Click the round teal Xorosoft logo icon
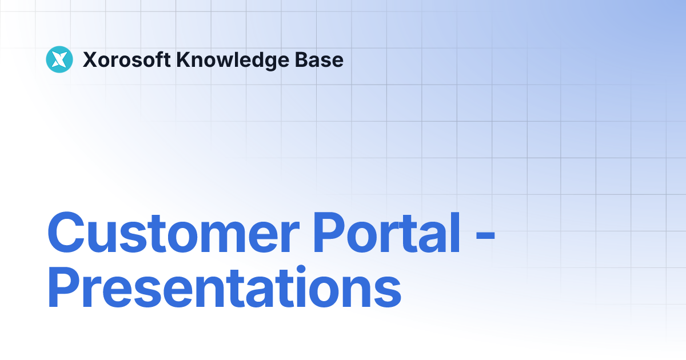[x=59, y=59]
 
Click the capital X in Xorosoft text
[x=90, y=59]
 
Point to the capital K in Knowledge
[x=182, y=59]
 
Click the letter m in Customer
[x=216, y=238]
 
